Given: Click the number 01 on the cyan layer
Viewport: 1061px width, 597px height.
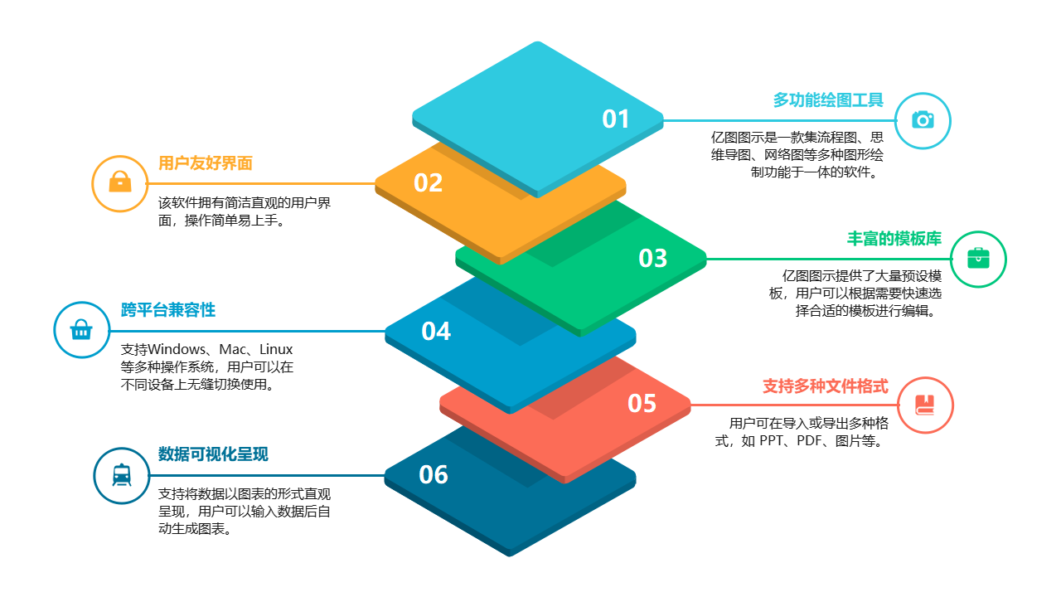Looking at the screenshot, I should tap(616, 119).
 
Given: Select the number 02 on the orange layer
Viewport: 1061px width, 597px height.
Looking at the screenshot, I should tap(428, 183).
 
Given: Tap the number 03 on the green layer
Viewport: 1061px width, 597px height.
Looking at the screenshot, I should tap(652, 259).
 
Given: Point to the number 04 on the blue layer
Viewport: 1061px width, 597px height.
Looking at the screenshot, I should tap(436, 332).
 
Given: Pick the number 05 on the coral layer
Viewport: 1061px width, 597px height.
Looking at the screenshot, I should tap(642, 404).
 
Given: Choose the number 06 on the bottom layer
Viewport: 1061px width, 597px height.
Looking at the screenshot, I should tap(434, 475).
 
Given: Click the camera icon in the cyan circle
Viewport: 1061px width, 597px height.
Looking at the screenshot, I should tap(923, 120).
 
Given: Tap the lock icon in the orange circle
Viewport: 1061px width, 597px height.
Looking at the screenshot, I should tap(120, 182).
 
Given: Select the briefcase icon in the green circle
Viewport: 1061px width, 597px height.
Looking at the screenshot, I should tap(978, 259).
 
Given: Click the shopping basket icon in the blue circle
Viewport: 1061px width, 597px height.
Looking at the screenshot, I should tap(81, 331).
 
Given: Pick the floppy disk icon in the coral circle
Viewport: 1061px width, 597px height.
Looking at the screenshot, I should tap(925, 405).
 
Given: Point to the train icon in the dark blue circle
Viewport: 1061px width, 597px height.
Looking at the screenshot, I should tap(122, 475).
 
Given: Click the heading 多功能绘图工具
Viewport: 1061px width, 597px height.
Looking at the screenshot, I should tap(828, 100).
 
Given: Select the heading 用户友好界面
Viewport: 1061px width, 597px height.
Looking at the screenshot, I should tap(206, 163).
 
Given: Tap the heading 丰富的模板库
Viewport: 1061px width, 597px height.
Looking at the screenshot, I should tap(894, 239).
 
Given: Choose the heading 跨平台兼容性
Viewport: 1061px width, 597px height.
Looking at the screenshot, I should tap(168, 310).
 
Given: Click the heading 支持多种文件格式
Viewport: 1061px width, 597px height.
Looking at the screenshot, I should tap(825, 386).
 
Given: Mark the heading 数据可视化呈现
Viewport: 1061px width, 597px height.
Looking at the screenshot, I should tap(213, 454).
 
